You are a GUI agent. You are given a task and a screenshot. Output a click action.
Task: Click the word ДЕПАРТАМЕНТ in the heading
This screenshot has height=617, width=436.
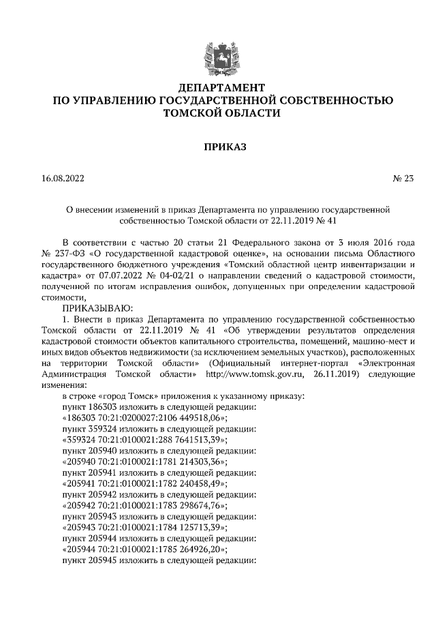217,89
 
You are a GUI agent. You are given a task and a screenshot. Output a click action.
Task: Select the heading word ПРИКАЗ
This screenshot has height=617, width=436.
217,146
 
